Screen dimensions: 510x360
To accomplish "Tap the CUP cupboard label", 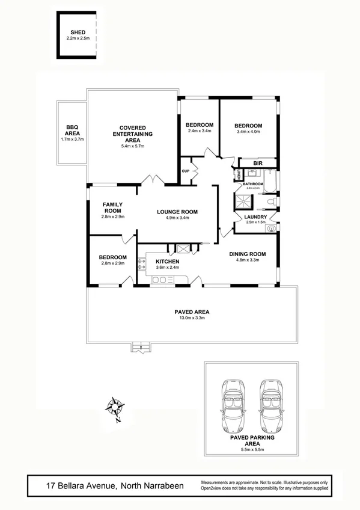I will [x=186, y=171].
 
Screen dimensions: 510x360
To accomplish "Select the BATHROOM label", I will [x=253, y=183].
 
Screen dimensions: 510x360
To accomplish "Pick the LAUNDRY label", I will [x=255, y=217].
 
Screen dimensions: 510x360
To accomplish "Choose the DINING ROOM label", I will [x=247, y=254].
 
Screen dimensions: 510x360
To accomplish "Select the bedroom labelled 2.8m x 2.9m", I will [x=112, y=261].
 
